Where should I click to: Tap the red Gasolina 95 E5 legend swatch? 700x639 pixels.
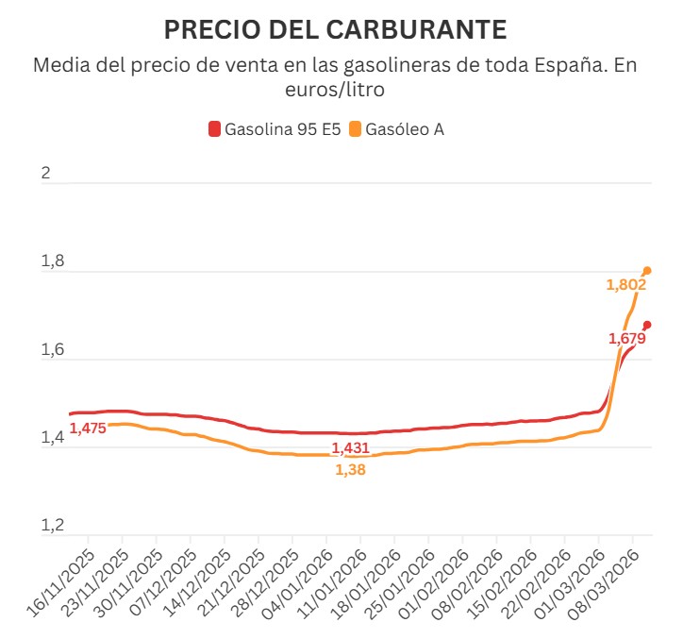point(214,129)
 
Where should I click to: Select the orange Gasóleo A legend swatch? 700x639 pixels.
point(355,129)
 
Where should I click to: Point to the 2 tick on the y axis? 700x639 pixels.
point(44,175)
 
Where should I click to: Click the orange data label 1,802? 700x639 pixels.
point(625,285)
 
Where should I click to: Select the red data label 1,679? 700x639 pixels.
point(626,339)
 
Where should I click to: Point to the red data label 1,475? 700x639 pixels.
point(88,429)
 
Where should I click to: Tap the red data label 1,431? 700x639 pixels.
point(350,448)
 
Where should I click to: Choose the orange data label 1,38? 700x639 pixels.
point(350,469)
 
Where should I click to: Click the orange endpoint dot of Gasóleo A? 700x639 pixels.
point(647,271)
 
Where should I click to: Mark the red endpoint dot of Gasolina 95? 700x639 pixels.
point(647,325)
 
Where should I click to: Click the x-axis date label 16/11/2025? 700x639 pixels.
point(64,582)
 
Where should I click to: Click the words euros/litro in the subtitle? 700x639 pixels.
point(335,90)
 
